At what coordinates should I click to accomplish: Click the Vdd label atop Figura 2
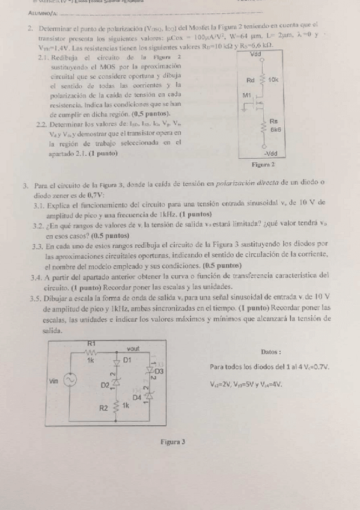coord(260,54)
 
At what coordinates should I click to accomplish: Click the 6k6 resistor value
coord(276,129)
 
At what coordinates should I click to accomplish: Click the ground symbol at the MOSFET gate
coord(248,108)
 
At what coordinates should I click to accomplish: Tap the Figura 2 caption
coord(264,164)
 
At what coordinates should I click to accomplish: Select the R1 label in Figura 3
coord(91,343)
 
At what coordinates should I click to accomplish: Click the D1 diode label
coord(127,359)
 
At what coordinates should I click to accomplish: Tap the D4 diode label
coord(137,398)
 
